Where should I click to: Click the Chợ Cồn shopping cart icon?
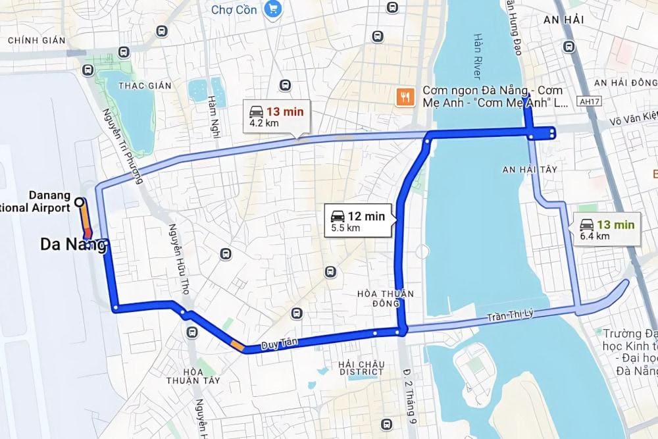(270, 9)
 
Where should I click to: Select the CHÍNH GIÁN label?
(37, 40)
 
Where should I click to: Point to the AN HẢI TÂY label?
(530, 169)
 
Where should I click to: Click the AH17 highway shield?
(584, 102)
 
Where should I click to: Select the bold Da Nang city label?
(72, 245)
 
